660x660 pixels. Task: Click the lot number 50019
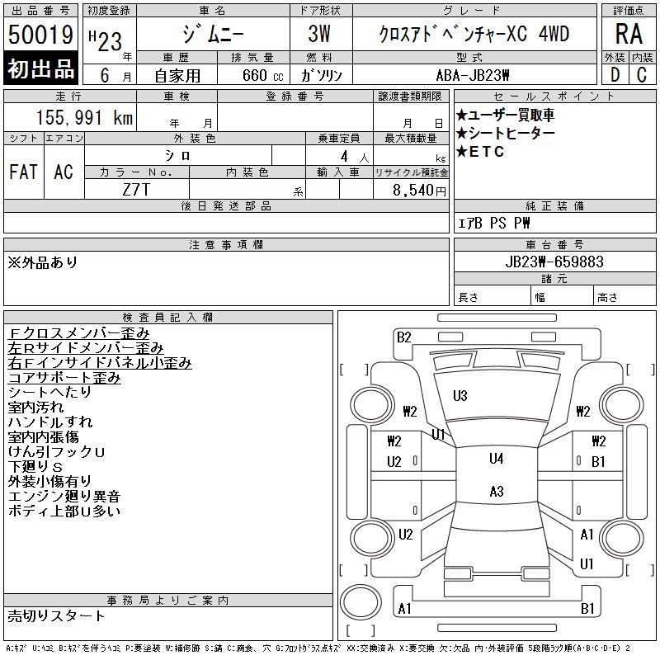point(40,35)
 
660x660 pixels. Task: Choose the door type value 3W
point(321,35)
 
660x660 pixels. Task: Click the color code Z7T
point(137,190)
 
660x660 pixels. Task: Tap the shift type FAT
point(23,172)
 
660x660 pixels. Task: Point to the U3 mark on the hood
point(460,396)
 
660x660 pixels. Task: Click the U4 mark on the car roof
point(496,459)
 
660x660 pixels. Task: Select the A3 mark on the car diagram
point(496,492)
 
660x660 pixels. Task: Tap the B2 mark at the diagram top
point(403,337)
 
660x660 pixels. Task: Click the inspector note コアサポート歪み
point(64,378)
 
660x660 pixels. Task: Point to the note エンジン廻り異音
point(64,497)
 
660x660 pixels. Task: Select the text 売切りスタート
point(57,615)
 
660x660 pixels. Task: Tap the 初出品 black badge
point(40,69)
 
